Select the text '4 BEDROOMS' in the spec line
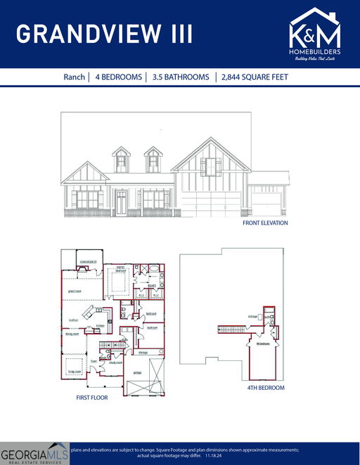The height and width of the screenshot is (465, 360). pos(117,77)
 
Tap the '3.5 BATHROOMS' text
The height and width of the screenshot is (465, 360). pos(181,77)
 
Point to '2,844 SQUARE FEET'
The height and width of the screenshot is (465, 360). pos(255,77)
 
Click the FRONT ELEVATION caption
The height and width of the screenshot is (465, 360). pos(264,223)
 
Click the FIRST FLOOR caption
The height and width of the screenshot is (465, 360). pos(92,398)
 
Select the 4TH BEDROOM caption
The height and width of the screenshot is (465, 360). pos(265,388)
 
